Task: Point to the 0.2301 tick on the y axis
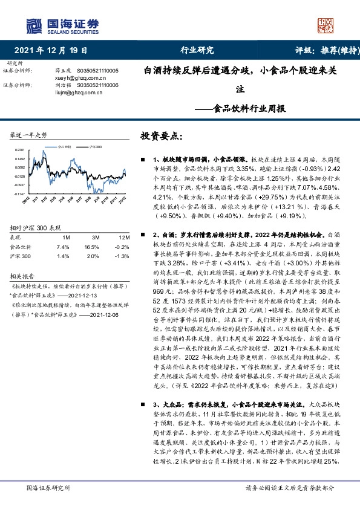click(x=19, y=149)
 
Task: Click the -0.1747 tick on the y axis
click(x=18, y=194)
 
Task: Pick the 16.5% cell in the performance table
click(x=91, y=231)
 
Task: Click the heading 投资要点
click(x=160, y=137)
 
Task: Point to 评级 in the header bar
click(x=306, y=51)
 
